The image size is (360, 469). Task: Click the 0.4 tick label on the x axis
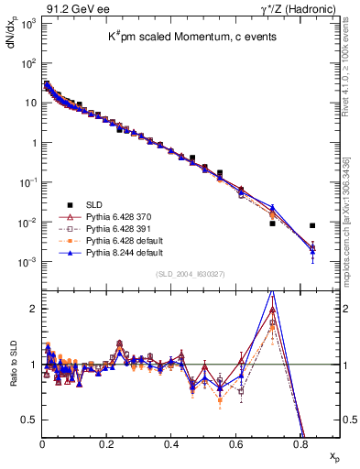(x=171, y=443)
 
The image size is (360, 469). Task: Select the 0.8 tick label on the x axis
(x=300, y=443)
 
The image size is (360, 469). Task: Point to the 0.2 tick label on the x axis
(x=107, y=443)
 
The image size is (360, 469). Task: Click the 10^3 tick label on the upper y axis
(x=27, y=22)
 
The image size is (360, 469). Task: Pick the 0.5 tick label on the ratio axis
(x=29, y=420)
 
